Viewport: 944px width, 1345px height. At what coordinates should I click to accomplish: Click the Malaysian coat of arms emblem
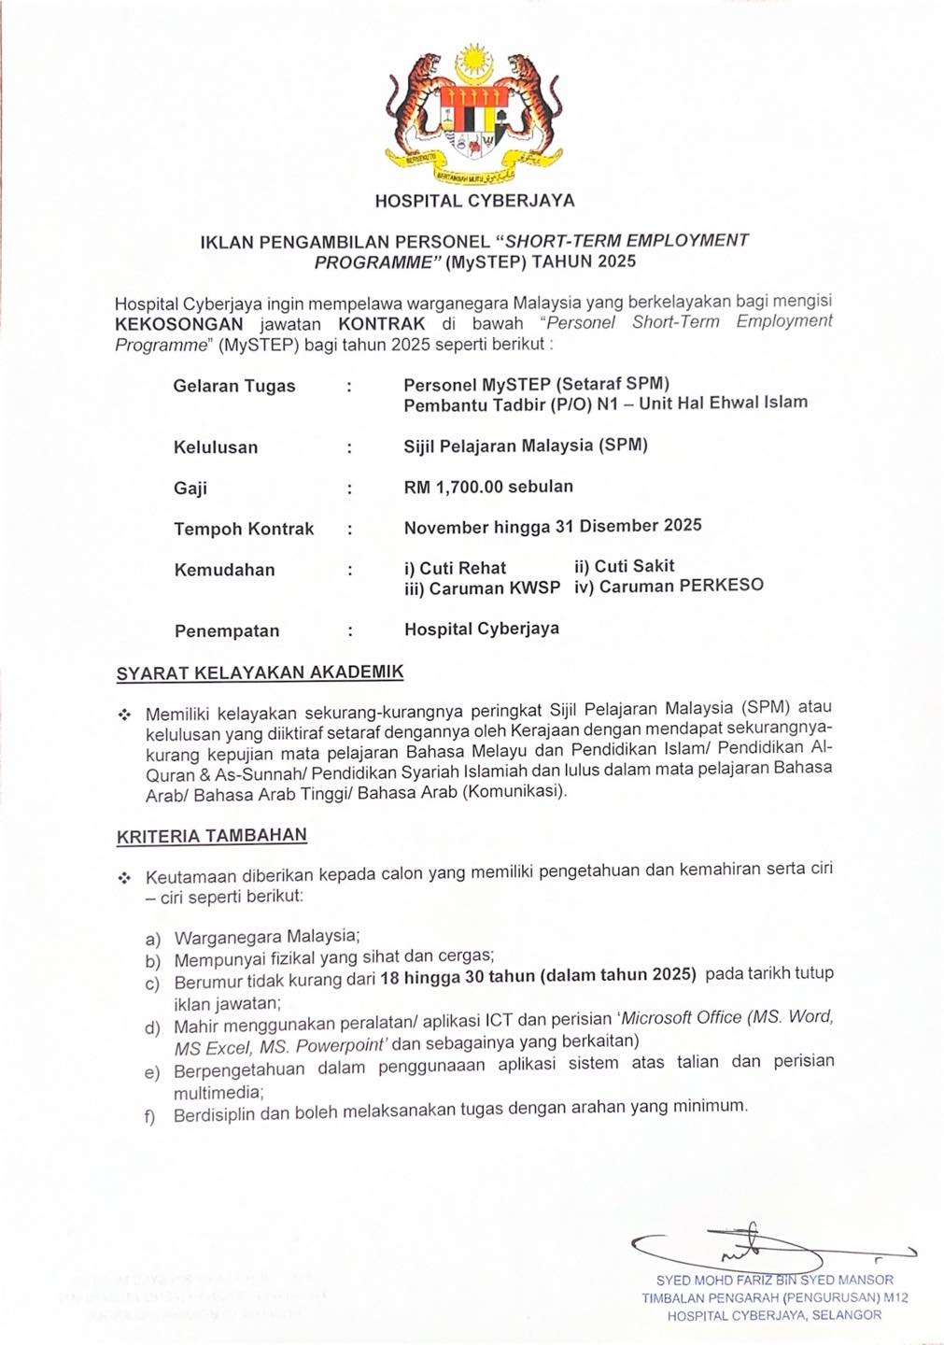click(x=474, y=112)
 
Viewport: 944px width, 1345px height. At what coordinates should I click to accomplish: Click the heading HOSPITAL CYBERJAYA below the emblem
click(x=474, y=200)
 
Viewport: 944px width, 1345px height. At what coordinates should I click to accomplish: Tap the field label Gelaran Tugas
click(x=234, y=386)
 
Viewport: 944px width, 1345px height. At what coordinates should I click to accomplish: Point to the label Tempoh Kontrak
click(x=244, y=529)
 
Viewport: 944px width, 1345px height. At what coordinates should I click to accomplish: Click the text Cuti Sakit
click(x=634, y=566)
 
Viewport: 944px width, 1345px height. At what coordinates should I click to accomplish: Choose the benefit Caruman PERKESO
click(x=681, y=587)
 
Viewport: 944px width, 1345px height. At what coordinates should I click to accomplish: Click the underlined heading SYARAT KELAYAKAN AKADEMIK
click(x=260, y=672)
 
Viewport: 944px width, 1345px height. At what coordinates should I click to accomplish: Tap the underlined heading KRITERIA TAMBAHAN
click(x=212, y=836)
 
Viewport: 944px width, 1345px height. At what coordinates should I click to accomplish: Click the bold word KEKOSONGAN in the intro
click(x=179, y=324)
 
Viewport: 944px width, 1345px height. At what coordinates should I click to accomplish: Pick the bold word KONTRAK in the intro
click(x=381, y=324)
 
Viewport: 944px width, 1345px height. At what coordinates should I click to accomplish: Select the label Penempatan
click(x=227, y=630)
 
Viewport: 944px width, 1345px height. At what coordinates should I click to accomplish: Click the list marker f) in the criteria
click(x=150, y=1116)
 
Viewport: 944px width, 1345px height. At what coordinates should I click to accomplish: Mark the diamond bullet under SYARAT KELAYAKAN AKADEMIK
click(x=124, y=715)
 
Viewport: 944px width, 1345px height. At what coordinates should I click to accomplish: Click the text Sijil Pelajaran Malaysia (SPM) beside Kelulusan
click(x=526, y=446)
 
